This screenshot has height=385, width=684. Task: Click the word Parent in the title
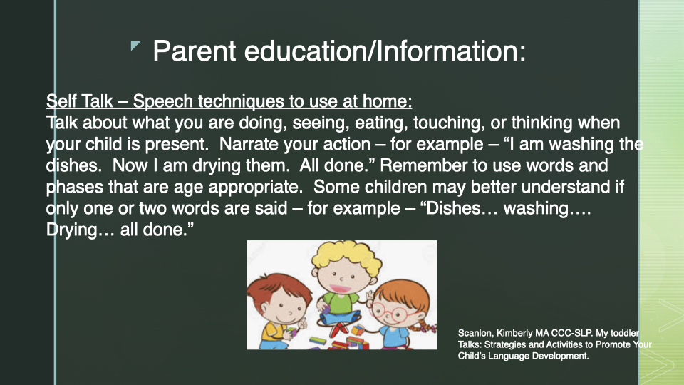point(195,51)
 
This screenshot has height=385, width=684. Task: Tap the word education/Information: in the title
point(385,51)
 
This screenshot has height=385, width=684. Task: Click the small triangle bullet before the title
point(135,46)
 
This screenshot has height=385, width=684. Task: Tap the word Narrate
point(249,144)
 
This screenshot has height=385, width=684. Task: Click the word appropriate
point(256,188)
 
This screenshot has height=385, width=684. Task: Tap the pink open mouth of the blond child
point(339,289)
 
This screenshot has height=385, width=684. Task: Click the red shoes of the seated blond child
point(340,329)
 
